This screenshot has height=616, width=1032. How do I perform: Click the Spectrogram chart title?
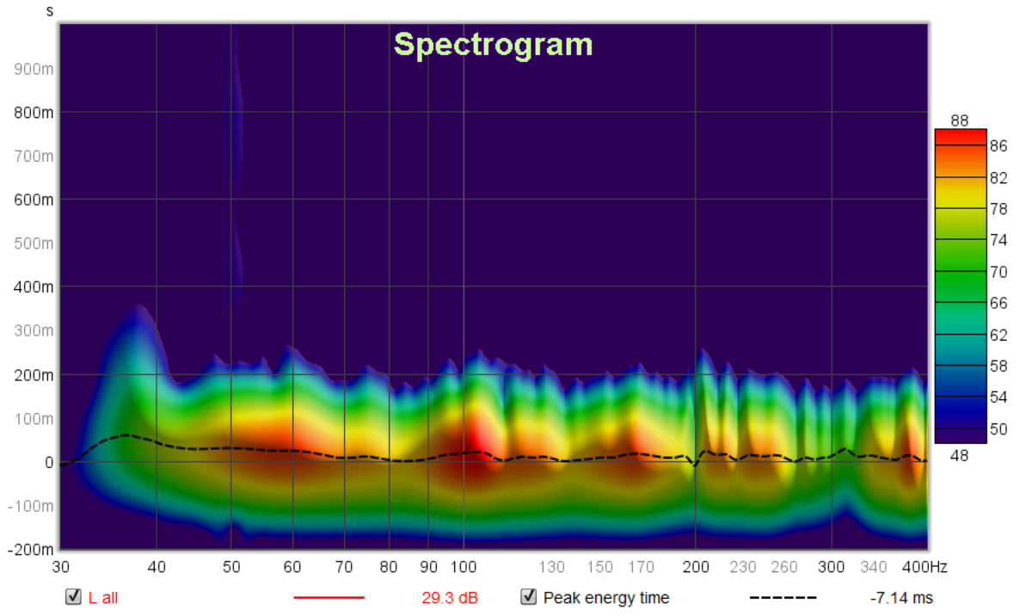pyautogui.click(x=493, y=45)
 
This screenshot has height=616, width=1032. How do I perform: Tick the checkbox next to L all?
pyautogui.click(x=74, y=597)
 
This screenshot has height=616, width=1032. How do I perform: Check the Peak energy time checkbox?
pyautogui.click(x=529, y=597)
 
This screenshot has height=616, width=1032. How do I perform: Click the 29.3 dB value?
pyautogui.click(x=449, y=598)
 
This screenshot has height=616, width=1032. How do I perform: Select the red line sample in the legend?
pyautogui.click(x=329, y=598)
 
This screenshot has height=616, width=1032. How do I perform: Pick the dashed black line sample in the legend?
pyautogui.click(x=783, y=598)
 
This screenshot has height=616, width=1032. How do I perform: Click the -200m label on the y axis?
pyautogui.click(x=32, y=550)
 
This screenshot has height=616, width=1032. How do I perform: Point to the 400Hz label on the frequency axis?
pyautogui.click(x=924, y=567)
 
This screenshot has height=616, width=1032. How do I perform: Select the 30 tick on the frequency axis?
pyautogui.click(x=60, y=567)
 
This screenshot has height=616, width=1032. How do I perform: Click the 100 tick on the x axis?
pyautogui.click(x=464, y=567)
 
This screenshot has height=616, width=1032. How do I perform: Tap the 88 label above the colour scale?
pyautogui.click(x=960, y=120)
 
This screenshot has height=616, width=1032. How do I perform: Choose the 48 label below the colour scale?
pyautogui.click(x=960, y=455)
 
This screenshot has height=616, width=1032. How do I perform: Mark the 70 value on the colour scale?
pyautogui.click(x=998, y=271)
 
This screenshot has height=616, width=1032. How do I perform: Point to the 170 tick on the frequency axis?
pyautogui.click(x=641, y=567)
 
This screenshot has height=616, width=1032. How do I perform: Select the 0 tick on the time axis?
pyautogui.click(x=49, y=462)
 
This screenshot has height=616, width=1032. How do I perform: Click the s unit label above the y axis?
pyautogui.click(x=50, y=11)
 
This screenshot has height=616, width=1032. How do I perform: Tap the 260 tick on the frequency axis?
pyautogui.click(x=784, y=567)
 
